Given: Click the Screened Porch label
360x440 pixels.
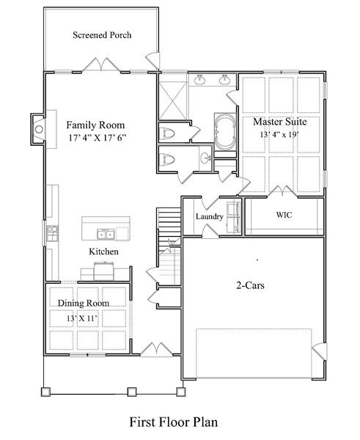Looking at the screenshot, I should point(102,35).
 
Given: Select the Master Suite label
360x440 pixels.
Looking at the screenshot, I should point(280,121).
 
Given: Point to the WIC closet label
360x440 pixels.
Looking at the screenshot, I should point(284,216).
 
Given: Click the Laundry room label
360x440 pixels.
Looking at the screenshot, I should point(209,217).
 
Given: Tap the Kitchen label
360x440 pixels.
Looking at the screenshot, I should point(103,252).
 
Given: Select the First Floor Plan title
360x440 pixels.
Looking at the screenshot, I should point(174,422).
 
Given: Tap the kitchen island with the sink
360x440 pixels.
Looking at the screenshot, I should point(106,228).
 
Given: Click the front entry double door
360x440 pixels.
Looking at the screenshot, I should point(155,350).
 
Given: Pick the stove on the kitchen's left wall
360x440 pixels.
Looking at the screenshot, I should point(52,234).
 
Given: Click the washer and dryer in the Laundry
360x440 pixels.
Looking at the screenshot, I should point(233,216).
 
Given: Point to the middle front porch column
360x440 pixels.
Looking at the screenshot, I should point(132,391).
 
